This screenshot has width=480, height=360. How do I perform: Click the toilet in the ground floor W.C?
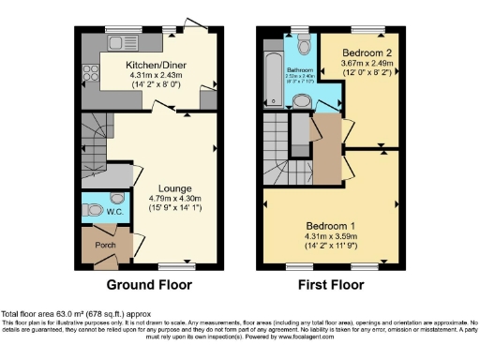pyautogui.click(x=116, y=199)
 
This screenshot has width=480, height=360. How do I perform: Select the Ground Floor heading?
pyautogui.click(x=149, y=285)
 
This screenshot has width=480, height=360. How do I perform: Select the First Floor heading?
pyautogui.click(x=330, y=285)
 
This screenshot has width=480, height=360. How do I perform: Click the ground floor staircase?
pyautogui.click(x=95, y=136)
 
